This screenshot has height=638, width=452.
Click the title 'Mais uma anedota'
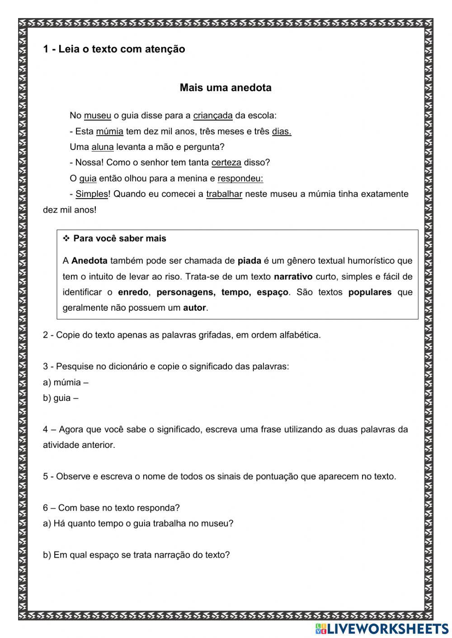tap(226, 88)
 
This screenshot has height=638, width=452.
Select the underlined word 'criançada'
tap(213, 116)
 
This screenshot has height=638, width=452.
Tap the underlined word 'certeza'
tap(226, 163)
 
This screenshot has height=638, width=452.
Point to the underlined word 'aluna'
tap(103, 147)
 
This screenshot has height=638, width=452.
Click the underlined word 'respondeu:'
tap(240, 178)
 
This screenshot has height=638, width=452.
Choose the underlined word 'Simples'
tap(92, 194)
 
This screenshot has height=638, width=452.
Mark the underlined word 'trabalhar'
tap(224, 194)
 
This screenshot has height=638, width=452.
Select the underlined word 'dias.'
tap(282, 131)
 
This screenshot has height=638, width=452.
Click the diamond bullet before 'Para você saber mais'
tap(66, 238)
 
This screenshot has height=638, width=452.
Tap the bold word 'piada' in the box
tap(250, 261)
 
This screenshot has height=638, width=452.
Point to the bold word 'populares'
tap(370, 292)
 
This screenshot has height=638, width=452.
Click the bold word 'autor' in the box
tap(194, 308)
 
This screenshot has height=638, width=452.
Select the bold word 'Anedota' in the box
tap(89, 261)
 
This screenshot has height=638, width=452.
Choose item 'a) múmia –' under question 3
tap(66, 382)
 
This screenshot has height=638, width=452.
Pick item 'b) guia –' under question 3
tap(61, 398)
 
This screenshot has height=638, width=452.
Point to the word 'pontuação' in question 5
tap(277, 476)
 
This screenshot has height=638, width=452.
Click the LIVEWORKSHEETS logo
tap(382, 628)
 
